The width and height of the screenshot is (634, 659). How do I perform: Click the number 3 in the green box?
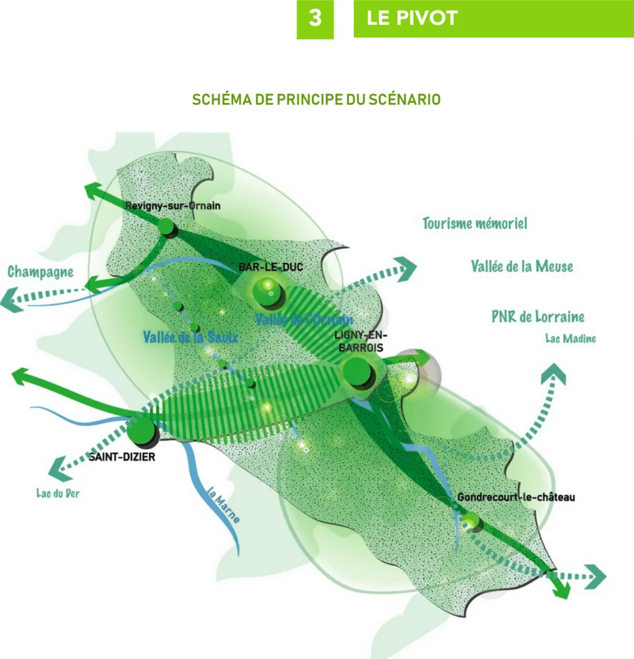(315, 18)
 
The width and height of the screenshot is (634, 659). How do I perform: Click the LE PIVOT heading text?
(412, 18)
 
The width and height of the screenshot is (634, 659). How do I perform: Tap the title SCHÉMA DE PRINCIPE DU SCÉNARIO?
(316, 99)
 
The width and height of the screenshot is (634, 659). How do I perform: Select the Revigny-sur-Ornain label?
(173, 206)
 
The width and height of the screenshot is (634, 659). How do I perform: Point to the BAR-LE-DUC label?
(271, 267)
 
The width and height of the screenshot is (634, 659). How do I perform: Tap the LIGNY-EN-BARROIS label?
(362, 340)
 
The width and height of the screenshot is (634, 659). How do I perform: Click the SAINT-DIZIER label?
(122, 456)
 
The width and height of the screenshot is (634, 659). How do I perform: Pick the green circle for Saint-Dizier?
(142, 430)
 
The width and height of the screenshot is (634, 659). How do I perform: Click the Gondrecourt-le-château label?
(516, 497)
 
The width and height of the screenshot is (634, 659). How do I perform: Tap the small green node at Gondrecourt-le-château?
(472, 520)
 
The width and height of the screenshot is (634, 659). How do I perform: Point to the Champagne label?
(41, 272)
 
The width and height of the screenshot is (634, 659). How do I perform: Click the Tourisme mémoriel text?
(475, 223)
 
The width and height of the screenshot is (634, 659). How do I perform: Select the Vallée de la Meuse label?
(522, 266)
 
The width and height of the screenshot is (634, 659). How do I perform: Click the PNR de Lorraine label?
(538, 317)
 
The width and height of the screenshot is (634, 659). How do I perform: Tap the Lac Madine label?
(570, 339)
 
